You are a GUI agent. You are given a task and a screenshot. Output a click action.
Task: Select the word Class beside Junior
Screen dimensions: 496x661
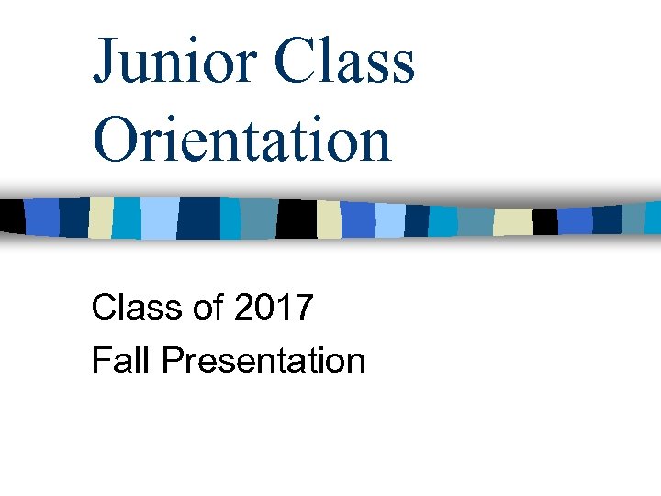pos(343,61)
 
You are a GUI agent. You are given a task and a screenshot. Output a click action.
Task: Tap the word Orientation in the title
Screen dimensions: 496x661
pos(241,141)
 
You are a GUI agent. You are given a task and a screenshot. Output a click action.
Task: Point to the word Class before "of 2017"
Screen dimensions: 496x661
pos(136,308)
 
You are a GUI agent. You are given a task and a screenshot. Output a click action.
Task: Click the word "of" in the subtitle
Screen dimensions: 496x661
pos(208,308)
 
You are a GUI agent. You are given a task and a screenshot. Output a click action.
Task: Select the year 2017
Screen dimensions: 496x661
pos(274,308)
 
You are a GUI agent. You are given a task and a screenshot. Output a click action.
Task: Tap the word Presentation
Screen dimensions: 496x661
pos(263,360)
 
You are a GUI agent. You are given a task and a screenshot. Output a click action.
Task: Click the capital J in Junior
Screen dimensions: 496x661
pos(106,62)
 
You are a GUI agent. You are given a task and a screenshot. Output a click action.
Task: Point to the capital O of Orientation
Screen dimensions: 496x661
pos(114,141)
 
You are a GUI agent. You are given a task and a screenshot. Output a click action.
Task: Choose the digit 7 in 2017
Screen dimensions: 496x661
pos(303,308)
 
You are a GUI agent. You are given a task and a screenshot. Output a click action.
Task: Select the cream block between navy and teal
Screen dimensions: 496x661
pos(100,218)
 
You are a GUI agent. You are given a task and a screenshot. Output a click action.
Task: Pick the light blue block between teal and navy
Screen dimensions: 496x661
pos(157,218)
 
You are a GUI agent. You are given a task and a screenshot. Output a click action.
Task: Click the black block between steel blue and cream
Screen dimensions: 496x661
pos(296,219)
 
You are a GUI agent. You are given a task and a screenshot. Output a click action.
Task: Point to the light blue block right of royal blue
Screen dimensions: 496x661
pos(390,220)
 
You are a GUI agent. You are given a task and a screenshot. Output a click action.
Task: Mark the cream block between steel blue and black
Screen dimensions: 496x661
pos(512,221)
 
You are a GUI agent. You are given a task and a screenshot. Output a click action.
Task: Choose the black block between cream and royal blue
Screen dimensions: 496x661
pos(545,221)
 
